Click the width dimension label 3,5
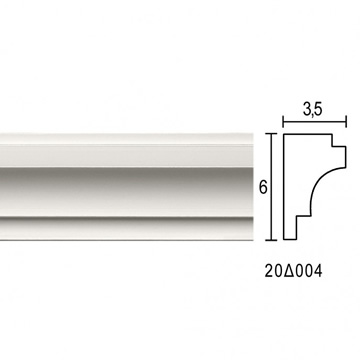(x=313, y=110)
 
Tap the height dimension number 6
(x=263, y=188)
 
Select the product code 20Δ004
(x=294, y=271)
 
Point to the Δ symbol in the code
(x=288, y=271)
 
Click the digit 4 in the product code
(x=318, y=271)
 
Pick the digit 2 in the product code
(x=269, y=271)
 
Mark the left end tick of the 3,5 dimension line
(x=283, y=121)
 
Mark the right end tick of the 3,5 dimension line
(x=346, y=121)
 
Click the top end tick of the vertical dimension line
(x=272, y=133)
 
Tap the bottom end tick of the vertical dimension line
(x=272, y=240)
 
